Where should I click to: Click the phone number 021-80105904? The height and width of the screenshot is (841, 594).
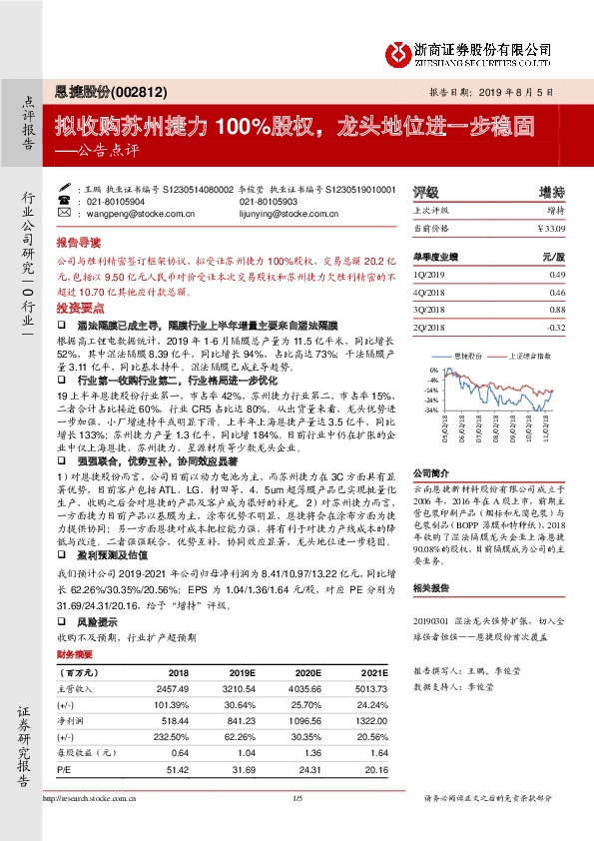tap(116, 202)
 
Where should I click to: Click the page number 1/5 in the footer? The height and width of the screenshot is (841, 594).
tap(297, 825)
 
